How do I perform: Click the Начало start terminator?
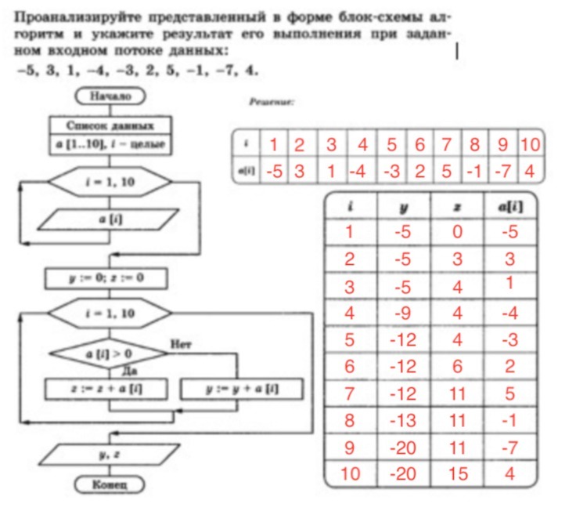tap(109, 96)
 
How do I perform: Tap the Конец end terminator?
tap(109, 484)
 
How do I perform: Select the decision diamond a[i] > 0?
tap(109, 354)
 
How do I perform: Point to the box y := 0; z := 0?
tap(109, 277)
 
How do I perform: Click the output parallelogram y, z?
tap(109, 453)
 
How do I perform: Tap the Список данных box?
tap(109, 125)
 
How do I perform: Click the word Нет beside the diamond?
tap(180, 344)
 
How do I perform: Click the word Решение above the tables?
tap(271, 103)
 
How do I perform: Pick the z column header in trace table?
tap(457, 208)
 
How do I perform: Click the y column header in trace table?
tap(403, 208)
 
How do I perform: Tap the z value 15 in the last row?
tap(457, 474)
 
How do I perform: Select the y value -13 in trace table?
tap(403, 420)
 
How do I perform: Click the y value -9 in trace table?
tap(403, 313)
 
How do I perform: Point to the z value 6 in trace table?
tap(457, 367)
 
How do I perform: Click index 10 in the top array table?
tap(531, 145)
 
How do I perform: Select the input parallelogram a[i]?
tap(109, 220)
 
